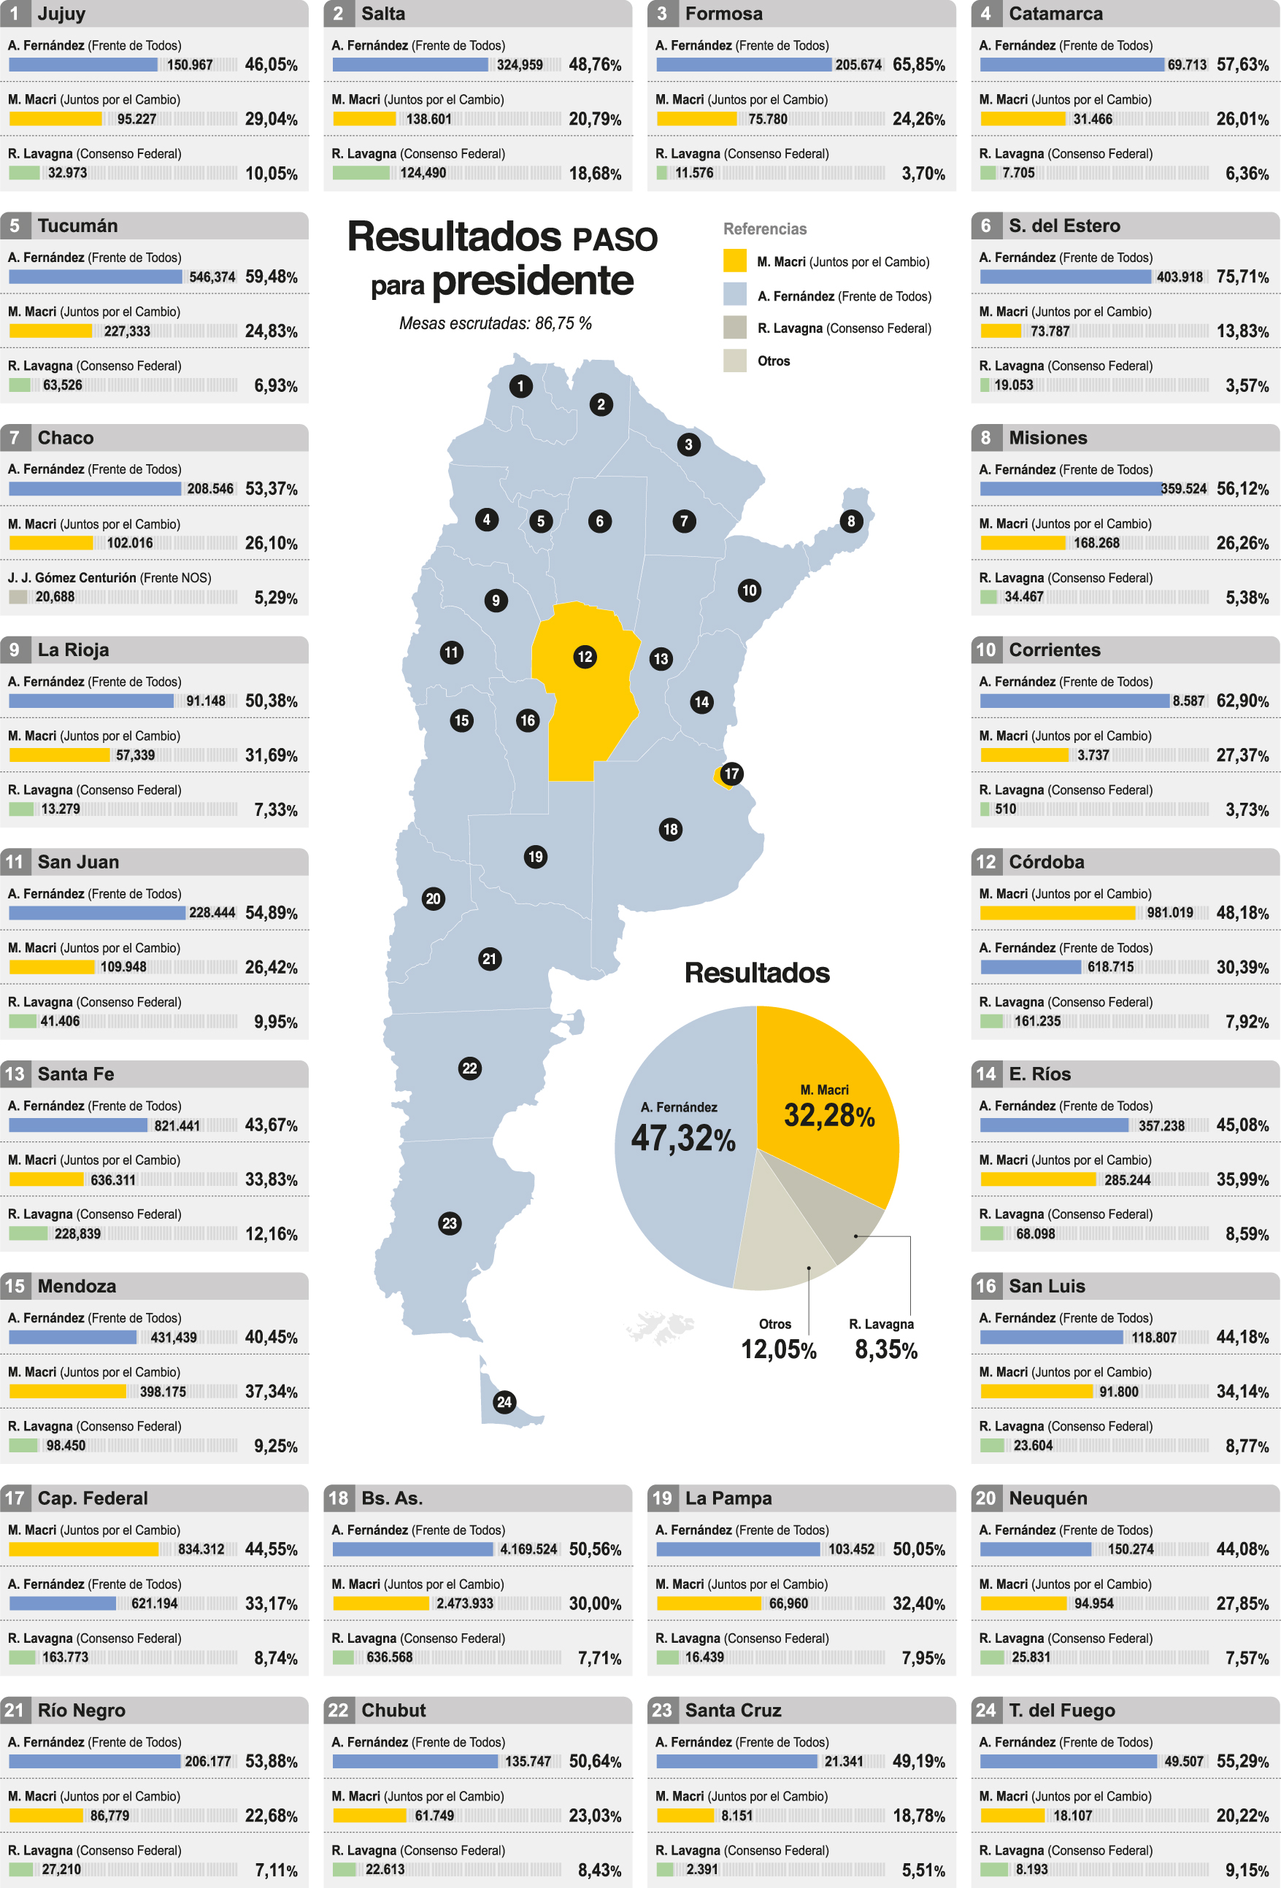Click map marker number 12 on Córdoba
(x=585, y=656)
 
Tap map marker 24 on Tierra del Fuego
(x=504, y=1401)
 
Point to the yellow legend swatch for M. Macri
(x=734, y=261)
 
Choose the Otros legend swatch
(x=734, y=361)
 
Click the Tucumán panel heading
(x=77, y=226)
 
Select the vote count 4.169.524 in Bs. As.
(x=528, y=1549)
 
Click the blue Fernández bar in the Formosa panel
(x=743, y=65)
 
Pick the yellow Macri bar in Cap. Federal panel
(x=84, y=1549)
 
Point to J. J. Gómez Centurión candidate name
(x=72, y=577)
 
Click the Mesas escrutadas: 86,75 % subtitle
(x=495, y=323)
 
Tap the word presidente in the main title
(x=532, y=281)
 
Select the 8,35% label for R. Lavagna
(x=885, y=1349)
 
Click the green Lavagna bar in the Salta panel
(x=361, y=173)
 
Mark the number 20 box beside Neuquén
(x=985, y=1498)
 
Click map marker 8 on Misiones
(x=850, y=521)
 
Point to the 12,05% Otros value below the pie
(x=778, y=1349)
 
